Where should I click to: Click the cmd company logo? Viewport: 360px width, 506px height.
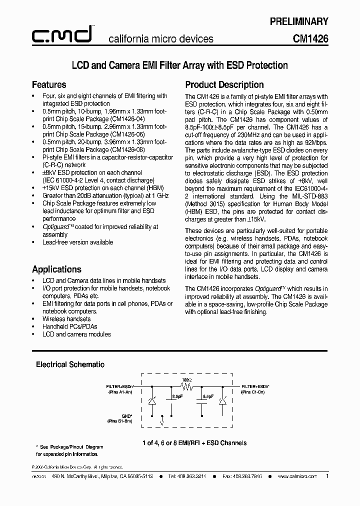pos(60,34)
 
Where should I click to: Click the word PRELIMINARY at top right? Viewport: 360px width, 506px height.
pos(299,21)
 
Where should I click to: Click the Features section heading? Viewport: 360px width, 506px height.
pos(49,84)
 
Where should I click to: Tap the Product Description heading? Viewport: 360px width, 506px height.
pos(224,84)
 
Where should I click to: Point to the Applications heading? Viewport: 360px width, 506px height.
pos(56,269)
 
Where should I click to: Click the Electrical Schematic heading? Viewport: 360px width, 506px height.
pos(70,364)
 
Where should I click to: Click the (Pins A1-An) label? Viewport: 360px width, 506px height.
pos(120,392)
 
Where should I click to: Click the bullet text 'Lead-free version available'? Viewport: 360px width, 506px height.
pos(77,242)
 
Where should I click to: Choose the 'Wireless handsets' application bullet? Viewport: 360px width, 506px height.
pos(66,318)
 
